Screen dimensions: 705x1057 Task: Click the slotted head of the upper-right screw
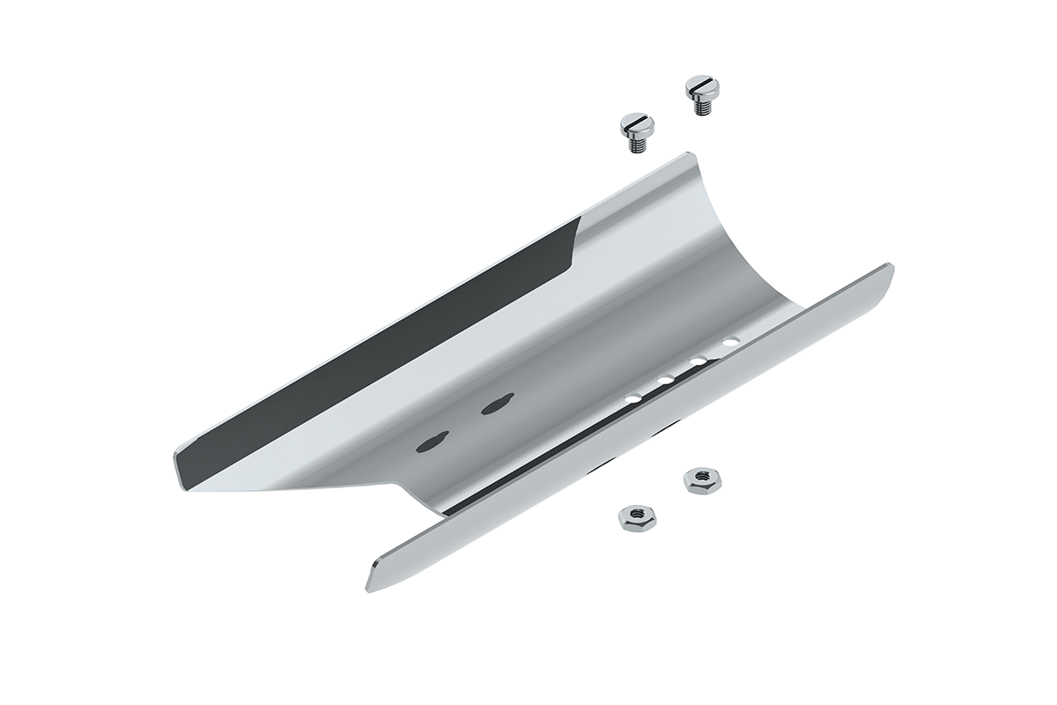pyautogui.click(x=702, y=87)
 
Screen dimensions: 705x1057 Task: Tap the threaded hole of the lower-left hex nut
pyautogui.click(x=634, y=517)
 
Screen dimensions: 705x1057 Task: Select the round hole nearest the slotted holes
pyautogui.click(x=632, y=399)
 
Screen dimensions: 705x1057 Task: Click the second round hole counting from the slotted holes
pyautogui.click(x=665, y=380)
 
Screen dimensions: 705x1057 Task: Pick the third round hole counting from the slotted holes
pyautogui.click(x=698, y=360)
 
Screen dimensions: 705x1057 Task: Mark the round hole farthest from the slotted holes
pyautogui.click(x=729, y=340)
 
